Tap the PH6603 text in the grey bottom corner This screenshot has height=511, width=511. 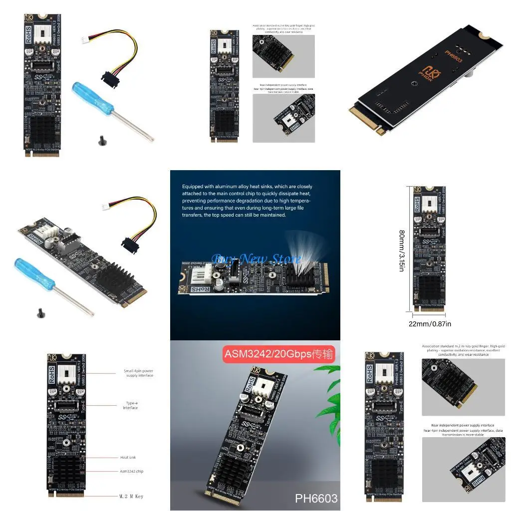[x=316, y=498]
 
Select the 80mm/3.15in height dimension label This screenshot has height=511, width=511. [x=402, y=250]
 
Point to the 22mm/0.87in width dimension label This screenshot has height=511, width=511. [x=430, y=324]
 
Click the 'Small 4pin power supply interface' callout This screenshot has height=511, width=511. [x=139, y=373]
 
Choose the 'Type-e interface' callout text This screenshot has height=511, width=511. [x=131, y=405]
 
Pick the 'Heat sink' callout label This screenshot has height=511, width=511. [x=128, y=457]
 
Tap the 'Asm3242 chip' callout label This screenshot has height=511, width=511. [x=132, y=471]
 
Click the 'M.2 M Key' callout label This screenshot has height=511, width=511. [x=131, y=496]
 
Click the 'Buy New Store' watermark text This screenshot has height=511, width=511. [x=256, y=258]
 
